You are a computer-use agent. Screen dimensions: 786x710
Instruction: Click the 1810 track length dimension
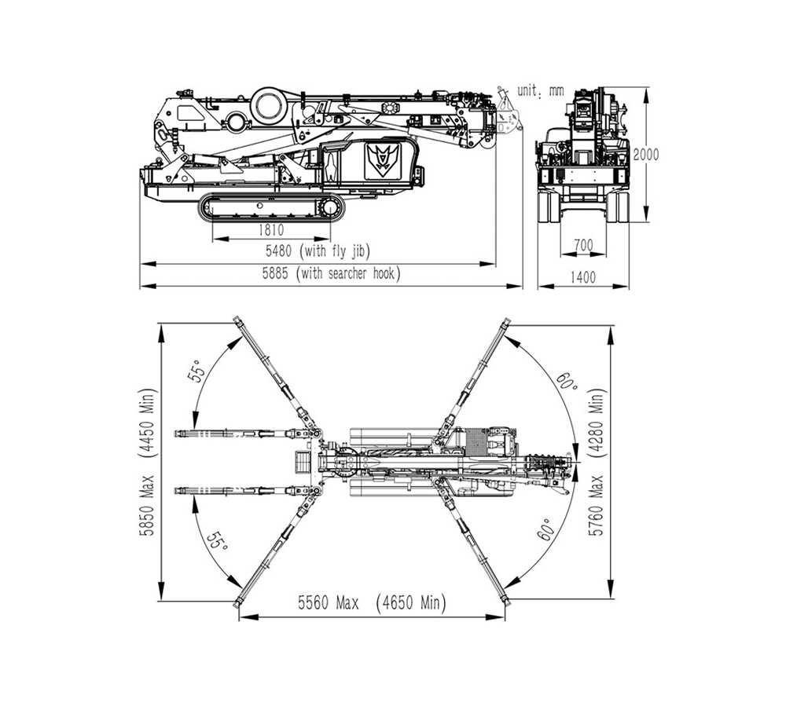click(271, 229)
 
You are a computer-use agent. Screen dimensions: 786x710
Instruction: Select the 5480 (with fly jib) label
click(318, 251)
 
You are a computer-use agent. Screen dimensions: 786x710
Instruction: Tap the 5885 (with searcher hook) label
click(332, 273)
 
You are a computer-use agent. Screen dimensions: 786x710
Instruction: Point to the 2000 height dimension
click(645, 154)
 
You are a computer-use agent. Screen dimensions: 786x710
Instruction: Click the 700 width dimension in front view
click(583, 245)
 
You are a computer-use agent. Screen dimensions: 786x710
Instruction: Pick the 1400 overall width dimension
click(582, 276)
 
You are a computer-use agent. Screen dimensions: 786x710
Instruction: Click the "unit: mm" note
click(541, 90)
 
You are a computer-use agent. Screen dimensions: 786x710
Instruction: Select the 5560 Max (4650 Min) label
click(372, 602)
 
